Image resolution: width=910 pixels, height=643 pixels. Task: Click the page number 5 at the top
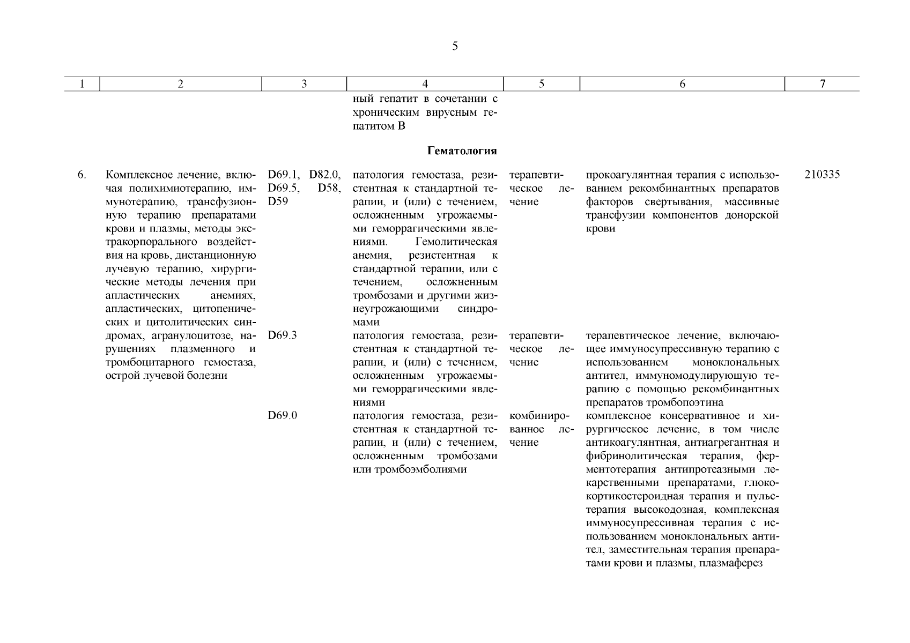click(x=455, y=47)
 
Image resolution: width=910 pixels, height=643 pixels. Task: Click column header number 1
click(x=82, y=84)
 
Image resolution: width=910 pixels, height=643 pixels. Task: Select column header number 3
click(x=304, y=84)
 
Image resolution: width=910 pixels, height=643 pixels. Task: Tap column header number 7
click(x=823, y=84)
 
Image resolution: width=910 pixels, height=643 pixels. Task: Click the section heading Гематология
click(x=462, y=151)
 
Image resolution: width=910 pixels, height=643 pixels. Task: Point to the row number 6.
click(x=82, y=175)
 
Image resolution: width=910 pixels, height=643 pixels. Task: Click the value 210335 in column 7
click(x=823, y=175)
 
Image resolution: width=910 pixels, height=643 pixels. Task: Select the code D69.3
click(x=283, y=335)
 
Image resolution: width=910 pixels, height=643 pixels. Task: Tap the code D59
click(x=278, y=201)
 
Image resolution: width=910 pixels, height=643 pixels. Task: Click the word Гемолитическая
click(x=456, y=242)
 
